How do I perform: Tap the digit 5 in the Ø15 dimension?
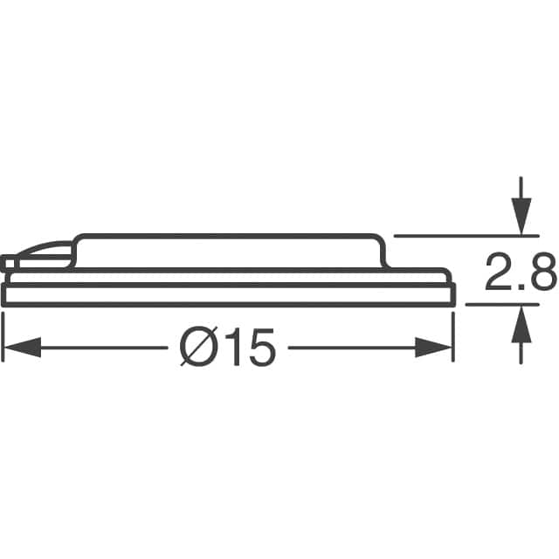[261, 349]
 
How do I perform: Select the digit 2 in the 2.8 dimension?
[500, 277]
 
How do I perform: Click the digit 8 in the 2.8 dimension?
[542, 277]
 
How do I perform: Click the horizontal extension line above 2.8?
[454, 235]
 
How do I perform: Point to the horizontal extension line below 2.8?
[493, 304]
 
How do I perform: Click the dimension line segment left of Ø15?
[105, 349]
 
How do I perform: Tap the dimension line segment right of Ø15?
[349, 349]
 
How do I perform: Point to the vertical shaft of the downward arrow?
[521, 188]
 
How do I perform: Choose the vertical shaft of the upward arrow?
[521, 349]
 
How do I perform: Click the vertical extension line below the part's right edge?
[453, 336]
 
